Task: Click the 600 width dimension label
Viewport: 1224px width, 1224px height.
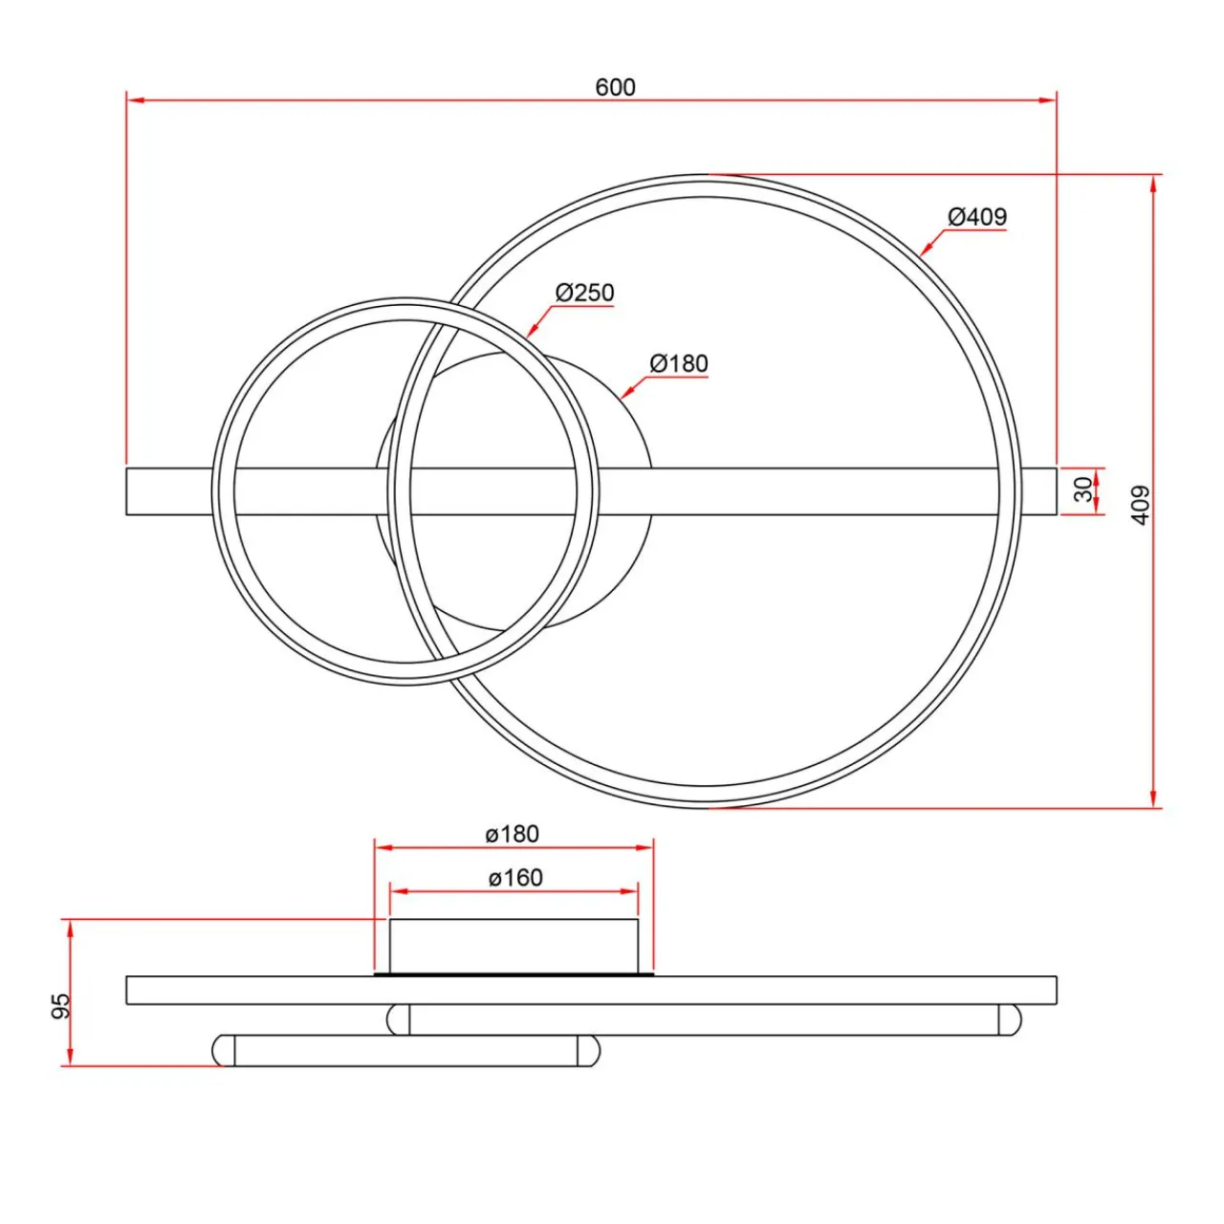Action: point(615,87)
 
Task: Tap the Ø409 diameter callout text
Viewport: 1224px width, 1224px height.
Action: point(977,217)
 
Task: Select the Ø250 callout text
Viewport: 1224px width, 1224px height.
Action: point(584,293)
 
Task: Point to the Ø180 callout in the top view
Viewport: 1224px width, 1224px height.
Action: point(678,363)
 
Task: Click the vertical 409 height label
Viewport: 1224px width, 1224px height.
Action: point(1142,506)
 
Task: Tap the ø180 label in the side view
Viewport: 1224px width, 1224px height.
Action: point(512,834)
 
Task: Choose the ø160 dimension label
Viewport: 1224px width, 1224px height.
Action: point(515,878)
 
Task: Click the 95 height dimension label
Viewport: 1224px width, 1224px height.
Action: point(61,1006)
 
